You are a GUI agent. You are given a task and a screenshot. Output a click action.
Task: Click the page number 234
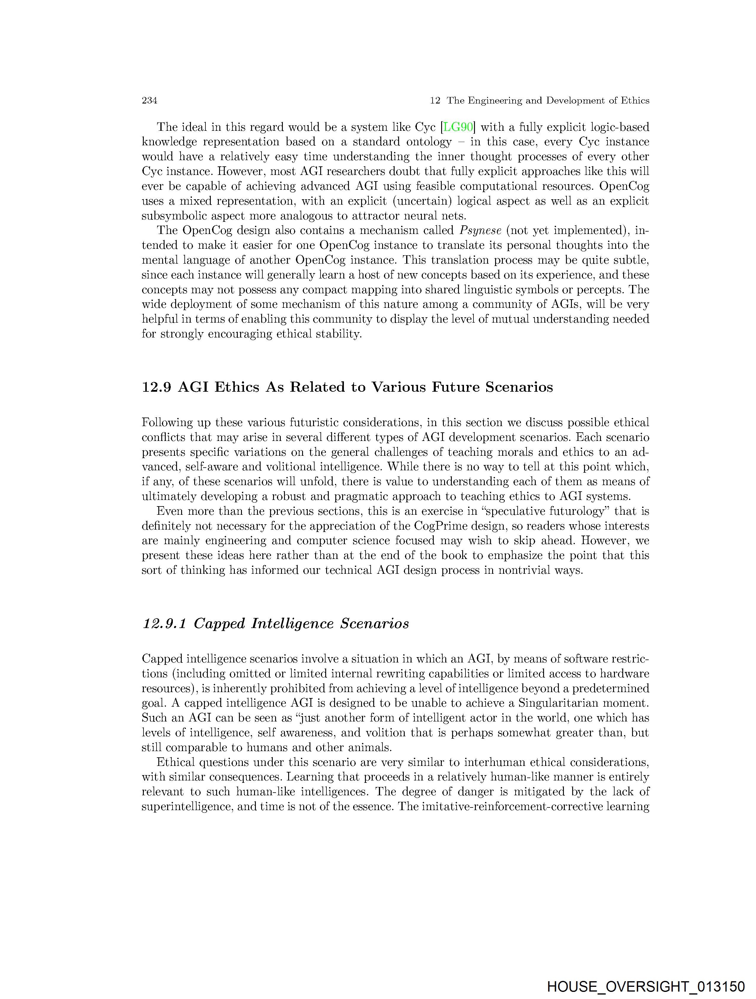[x=149, y=100]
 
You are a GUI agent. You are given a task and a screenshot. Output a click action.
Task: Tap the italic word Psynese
[x=480, y=230]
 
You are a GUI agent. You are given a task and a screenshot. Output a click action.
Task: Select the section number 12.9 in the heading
[x=156, y=387]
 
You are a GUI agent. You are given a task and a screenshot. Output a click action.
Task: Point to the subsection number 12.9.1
[x=164, y=623]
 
